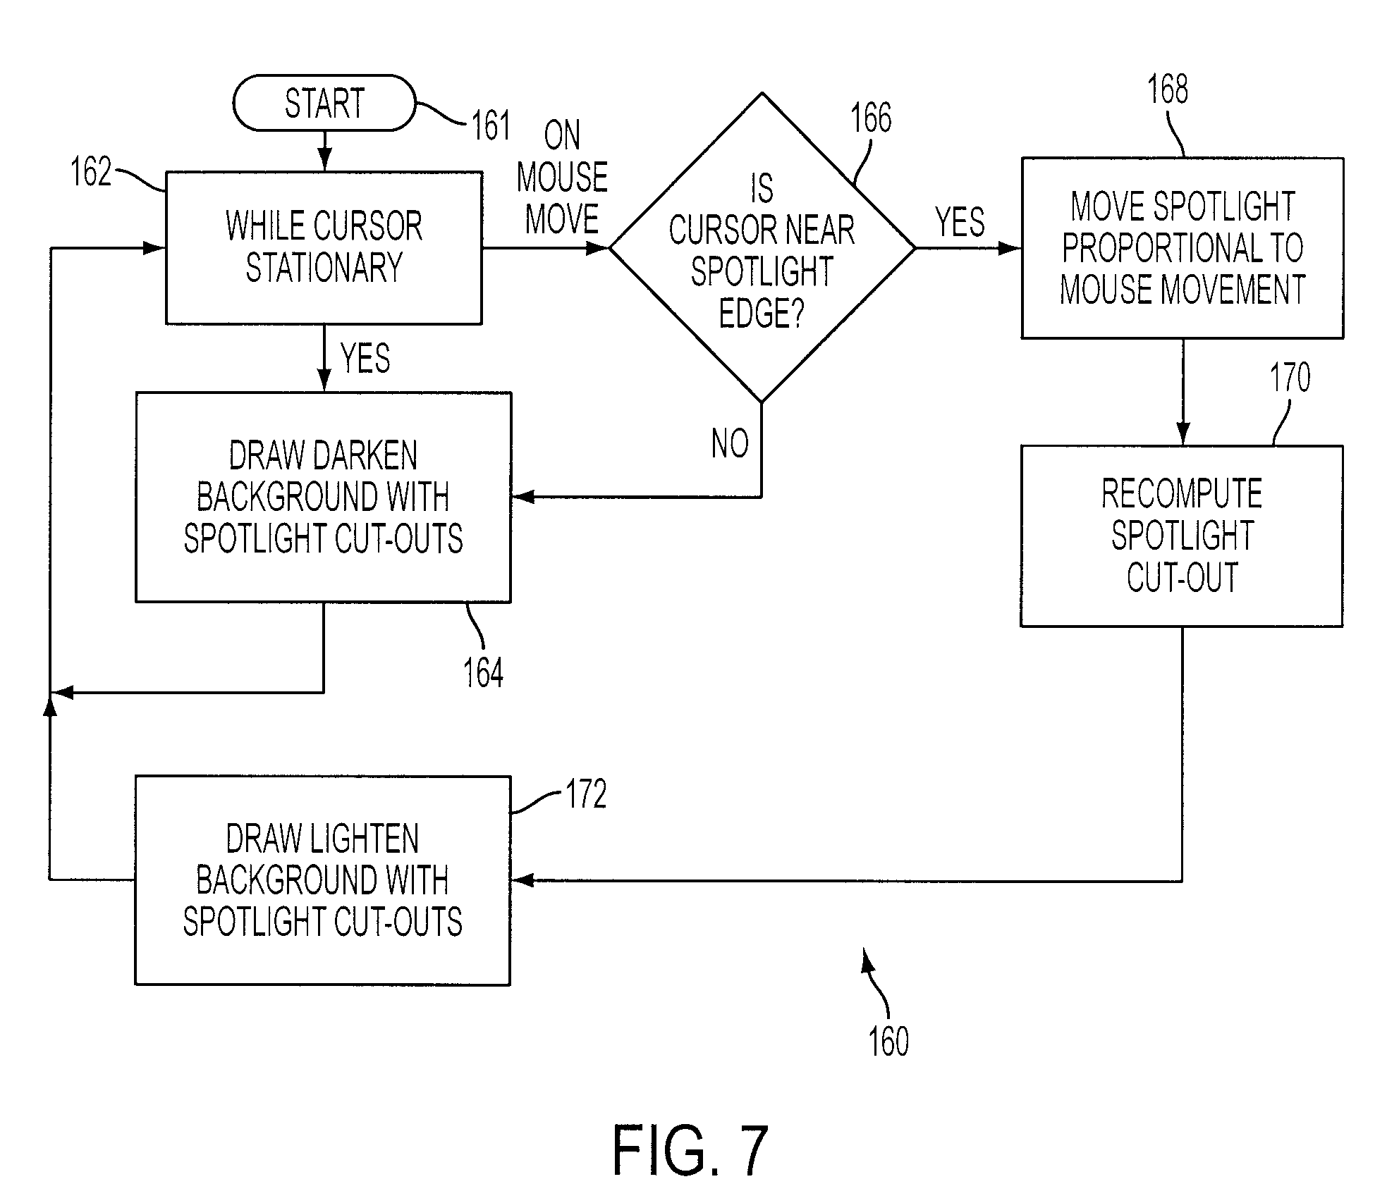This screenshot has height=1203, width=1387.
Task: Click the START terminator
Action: click(x=324, y=103)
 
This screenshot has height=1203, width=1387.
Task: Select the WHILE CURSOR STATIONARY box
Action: click(x=324, y=247)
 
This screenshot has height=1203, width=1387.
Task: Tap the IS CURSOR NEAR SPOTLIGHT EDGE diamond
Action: click(x=762, y=247)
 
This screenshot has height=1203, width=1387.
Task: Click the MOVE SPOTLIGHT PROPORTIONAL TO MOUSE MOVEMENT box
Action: click(x=1183, y=248)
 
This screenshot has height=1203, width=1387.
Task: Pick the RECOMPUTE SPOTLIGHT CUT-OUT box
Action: click(x=1182, y=536)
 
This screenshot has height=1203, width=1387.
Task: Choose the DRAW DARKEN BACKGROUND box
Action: click(x=323, y=497)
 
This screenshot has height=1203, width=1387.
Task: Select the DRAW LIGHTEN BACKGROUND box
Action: click(x=322, y=880)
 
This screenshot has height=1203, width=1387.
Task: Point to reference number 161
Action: click(x=490, y=126)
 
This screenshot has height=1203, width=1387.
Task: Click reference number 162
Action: click(x=91, y=171)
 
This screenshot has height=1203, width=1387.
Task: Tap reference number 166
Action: click(x=871, y=118)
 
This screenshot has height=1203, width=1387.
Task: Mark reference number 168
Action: click(x=1168, y=90)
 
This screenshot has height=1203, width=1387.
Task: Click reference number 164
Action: click(x=483, y=672)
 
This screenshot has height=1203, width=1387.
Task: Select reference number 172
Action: click(x=586, y=794)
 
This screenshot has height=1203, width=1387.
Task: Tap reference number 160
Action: click(x=888, y=1042)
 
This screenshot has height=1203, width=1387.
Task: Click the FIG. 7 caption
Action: click(x=690, y=1151)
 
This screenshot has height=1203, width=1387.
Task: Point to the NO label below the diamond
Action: click(x=730, y=444)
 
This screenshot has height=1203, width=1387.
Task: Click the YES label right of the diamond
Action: click(x=960, y=223)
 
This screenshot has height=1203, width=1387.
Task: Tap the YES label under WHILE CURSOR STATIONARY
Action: click(x=365, y=358)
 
